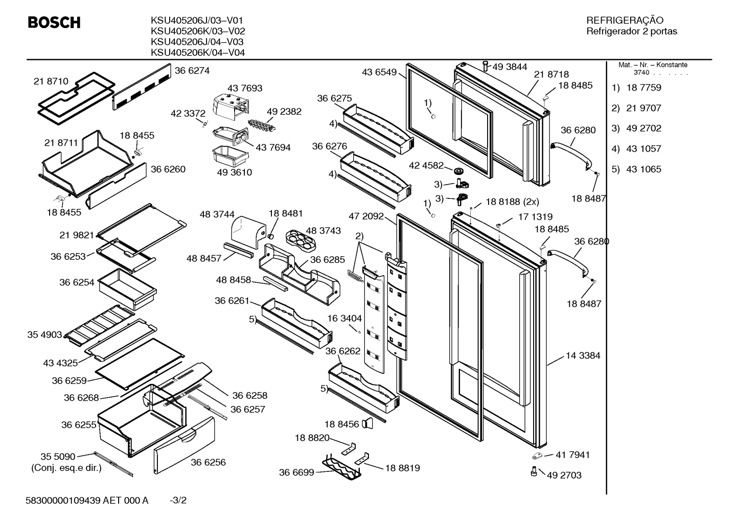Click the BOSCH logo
tap(54, 22)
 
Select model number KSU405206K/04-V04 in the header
tap(198, 53)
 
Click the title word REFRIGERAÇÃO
tap(625, 20)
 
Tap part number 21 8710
tap(51, 81)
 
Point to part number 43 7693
tap(245, 88)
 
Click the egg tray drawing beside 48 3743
tap(301, 241)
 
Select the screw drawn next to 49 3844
tap(486, 65)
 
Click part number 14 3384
tap(583, 355)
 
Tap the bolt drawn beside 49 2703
tap(534, 471)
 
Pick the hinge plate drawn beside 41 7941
tap(538, 456)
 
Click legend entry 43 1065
tap(643, 169)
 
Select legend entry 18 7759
tap(643, 87)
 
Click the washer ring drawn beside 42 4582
tap(458, 171)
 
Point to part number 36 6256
tap(208, 462)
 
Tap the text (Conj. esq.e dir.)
tap(66, 468)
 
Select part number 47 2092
tap(366, 216)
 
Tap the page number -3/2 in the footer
tap(178, 501)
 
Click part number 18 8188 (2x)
tap(512, 202)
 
